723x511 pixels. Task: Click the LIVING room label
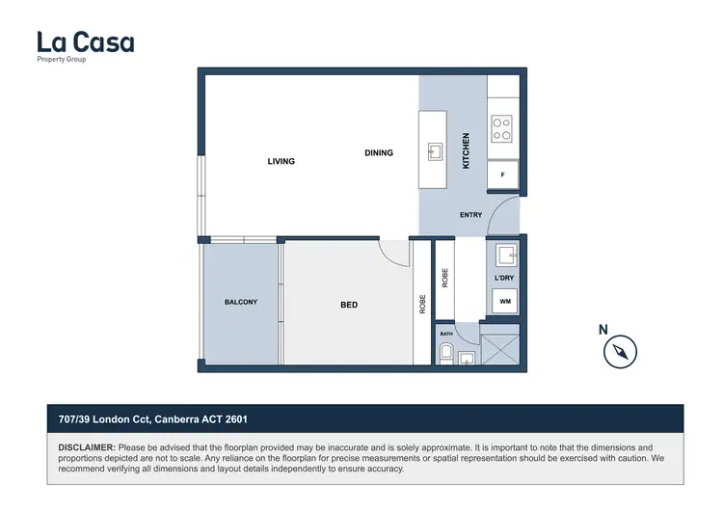[x=281, y=161]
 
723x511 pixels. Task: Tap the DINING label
[x=379, y=152]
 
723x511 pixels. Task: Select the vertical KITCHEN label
[x=466, y=151]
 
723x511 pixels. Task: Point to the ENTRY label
[x=470, y=215]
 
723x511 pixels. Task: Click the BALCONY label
[x=240, y=302]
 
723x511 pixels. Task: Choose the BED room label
[x=349, y=305]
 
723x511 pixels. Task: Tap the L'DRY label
[x=503, y=279]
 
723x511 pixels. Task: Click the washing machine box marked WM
[x=504, y=302]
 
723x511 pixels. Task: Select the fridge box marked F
[x=502, y=175]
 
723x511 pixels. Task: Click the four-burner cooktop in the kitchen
[x=502, y=129]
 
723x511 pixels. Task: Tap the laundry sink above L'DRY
[x=504, y=255]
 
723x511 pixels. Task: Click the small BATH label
[x=446, y=334]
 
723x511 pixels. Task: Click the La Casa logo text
[x=85, y=42]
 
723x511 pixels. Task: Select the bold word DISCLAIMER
[x=87, y=448]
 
